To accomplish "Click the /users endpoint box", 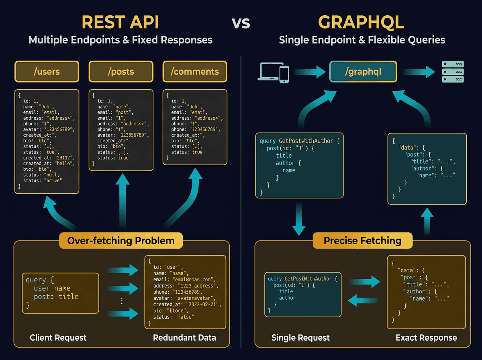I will pyautogui.click(x=47, y=72).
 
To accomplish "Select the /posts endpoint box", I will pyautogui.click(x=120, y=72).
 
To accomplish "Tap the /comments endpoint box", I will pyautogui.click(x=194, y=72).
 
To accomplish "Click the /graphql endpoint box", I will pyautogui.click(x=363, y=72).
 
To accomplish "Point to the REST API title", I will pyautogui.click(x=120, y=22).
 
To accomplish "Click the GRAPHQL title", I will pyautogui.click(x=361, y=22).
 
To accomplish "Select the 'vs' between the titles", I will pyautogui.click(x=241, y=23).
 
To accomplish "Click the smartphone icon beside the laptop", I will pyautogui.click(x=284, y=74).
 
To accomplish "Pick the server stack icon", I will pyautogui.click(x=453, y=72).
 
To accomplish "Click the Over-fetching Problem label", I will pyautogui.click(x=121, y=241).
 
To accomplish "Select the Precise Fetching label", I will pyautogui.click(x=362, y=241).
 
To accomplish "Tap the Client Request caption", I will pyautogui.click(x=58, y=337).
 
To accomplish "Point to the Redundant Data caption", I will pyautogui.click(x=184, y=337).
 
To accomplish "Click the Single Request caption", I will pyautogui.click(x=300, y=337).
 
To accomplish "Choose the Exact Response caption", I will pyautogui.click(x=426, y=337).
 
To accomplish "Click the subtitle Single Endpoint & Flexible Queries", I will pyautogui.click(x=361, y=40).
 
